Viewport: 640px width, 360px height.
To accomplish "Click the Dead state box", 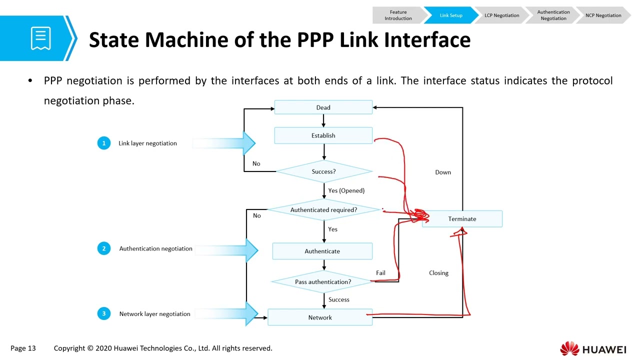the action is click(x=323, y=107).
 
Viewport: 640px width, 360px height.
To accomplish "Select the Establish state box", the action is click(x=323, y=135).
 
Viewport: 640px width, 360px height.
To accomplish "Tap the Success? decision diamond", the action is click(x=324, y=171).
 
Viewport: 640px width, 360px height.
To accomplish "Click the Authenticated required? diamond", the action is click(x=324, y=209).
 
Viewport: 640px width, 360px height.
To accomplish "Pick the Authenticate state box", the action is click(x=322, y=251).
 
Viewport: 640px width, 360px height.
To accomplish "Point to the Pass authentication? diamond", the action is click(x=323, y=281).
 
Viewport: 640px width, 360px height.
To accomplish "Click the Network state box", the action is click(x=320, y=317).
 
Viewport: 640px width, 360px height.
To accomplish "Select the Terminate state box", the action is click(x=462, y=219).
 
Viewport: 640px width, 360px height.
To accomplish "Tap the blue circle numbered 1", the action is click(x=103, y=143).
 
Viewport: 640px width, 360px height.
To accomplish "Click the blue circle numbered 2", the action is click(x=103, y=248).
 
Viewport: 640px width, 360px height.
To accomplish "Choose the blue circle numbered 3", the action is click(x=103, y=313).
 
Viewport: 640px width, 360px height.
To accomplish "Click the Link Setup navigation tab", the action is click(x=451, y=15).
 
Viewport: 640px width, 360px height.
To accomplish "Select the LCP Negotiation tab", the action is click(x=501, y=15).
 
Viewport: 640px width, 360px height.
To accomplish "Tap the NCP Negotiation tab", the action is click(x=603, y=15).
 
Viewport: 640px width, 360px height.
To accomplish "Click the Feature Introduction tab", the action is click(x=398, y=15).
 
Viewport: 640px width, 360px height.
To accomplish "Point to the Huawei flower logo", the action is click(x=569, y=348).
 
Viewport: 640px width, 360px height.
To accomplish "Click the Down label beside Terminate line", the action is click(x=443, y=172).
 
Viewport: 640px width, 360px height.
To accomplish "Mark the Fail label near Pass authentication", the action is click(x=380, y=273).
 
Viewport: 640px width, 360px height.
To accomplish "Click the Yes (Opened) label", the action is click(x=346, y=190).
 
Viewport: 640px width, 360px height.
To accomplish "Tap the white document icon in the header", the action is click(x=41, y=38).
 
